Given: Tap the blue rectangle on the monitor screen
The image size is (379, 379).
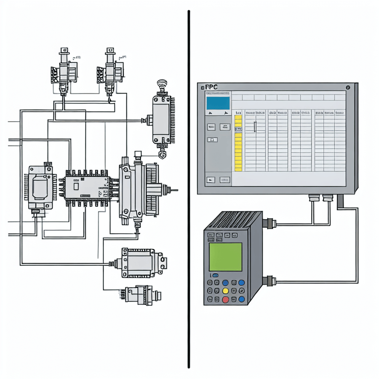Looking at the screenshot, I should (x=218, y=103).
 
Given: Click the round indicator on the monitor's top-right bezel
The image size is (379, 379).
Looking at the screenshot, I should (x=348, y=88).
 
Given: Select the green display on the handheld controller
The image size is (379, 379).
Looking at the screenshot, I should (x=225, y=256).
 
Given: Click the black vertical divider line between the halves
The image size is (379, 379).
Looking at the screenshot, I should (x=189, y=189).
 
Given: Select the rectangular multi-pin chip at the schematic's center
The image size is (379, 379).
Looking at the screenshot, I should (x=86, y=188).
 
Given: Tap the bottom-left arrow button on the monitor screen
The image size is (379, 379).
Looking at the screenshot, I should (x=211, y=180).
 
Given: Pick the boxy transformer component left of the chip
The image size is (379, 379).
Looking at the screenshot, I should (x=40, y=188).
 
